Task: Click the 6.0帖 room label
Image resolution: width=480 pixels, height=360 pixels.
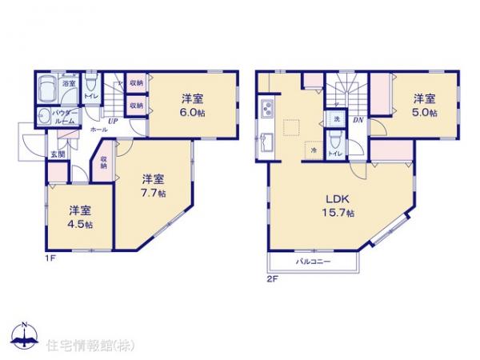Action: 191,114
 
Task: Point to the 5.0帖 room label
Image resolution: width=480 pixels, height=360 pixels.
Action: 425,113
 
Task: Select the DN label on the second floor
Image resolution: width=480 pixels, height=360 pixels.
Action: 358,120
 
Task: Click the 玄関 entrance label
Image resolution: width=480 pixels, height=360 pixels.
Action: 58,154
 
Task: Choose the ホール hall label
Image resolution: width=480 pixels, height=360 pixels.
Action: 100,130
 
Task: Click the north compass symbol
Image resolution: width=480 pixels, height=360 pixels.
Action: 25,334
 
